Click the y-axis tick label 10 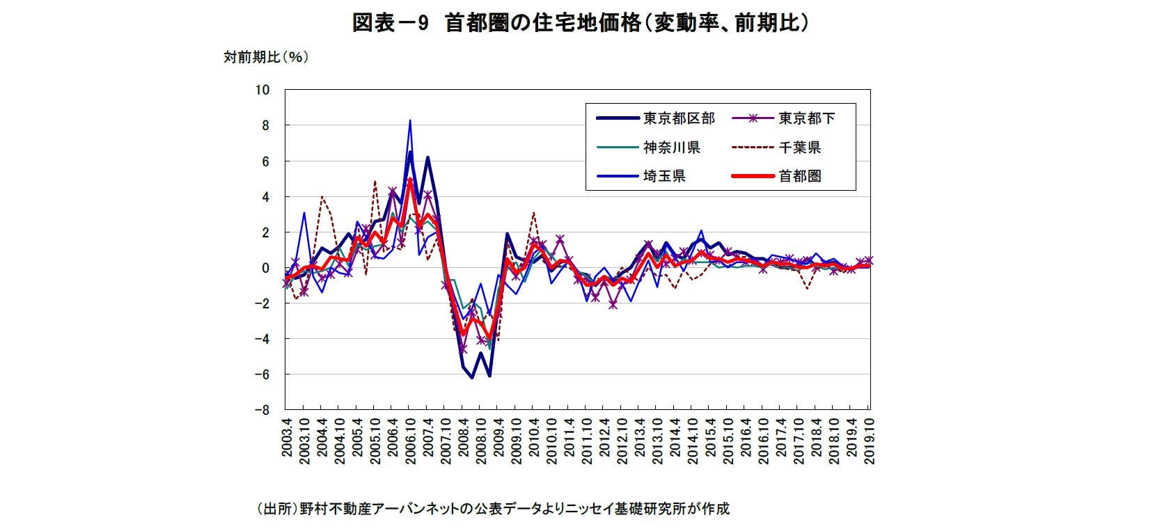coord(262,90)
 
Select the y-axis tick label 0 coord(265,268)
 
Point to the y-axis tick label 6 coord(265,161)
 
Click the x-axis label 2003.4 coord(286,438)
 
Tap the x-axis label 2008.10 coord(480,441)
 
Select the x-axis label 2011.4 coord(570,438)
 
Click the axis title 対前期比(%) coord(265,57)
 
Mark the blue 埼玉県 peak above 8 coord(410,120)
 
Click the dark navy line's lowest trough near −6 coord(472,378)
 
